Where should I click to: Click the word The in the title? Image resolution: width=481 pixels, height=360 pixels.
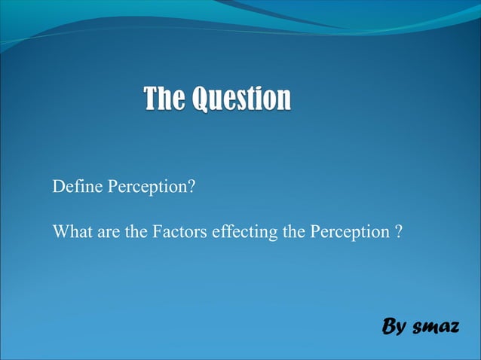pos(164,99)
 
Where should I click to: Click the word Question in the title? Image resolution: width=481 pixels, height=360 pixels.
pos(240,99)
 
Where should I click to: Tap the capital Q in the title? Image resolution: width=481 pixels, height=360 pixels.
pos(201,99)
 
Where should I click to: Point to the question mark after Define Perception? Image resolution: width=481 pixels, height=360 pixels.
pos(191,186)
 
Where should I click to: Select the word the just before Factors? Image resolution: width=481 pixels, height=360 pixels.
pos(136,232)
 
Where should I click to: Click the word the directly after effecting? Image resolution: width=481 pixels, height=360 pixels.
pos(293,232)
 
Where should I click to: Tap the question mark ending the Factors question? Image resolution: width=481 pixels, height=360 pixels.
pos(397,232)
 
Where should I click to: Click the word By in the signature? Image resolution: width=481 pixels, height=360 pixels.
pos(394,328)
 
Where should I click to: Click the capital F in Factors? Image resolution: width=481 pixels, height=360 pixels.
pos(157,232)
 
